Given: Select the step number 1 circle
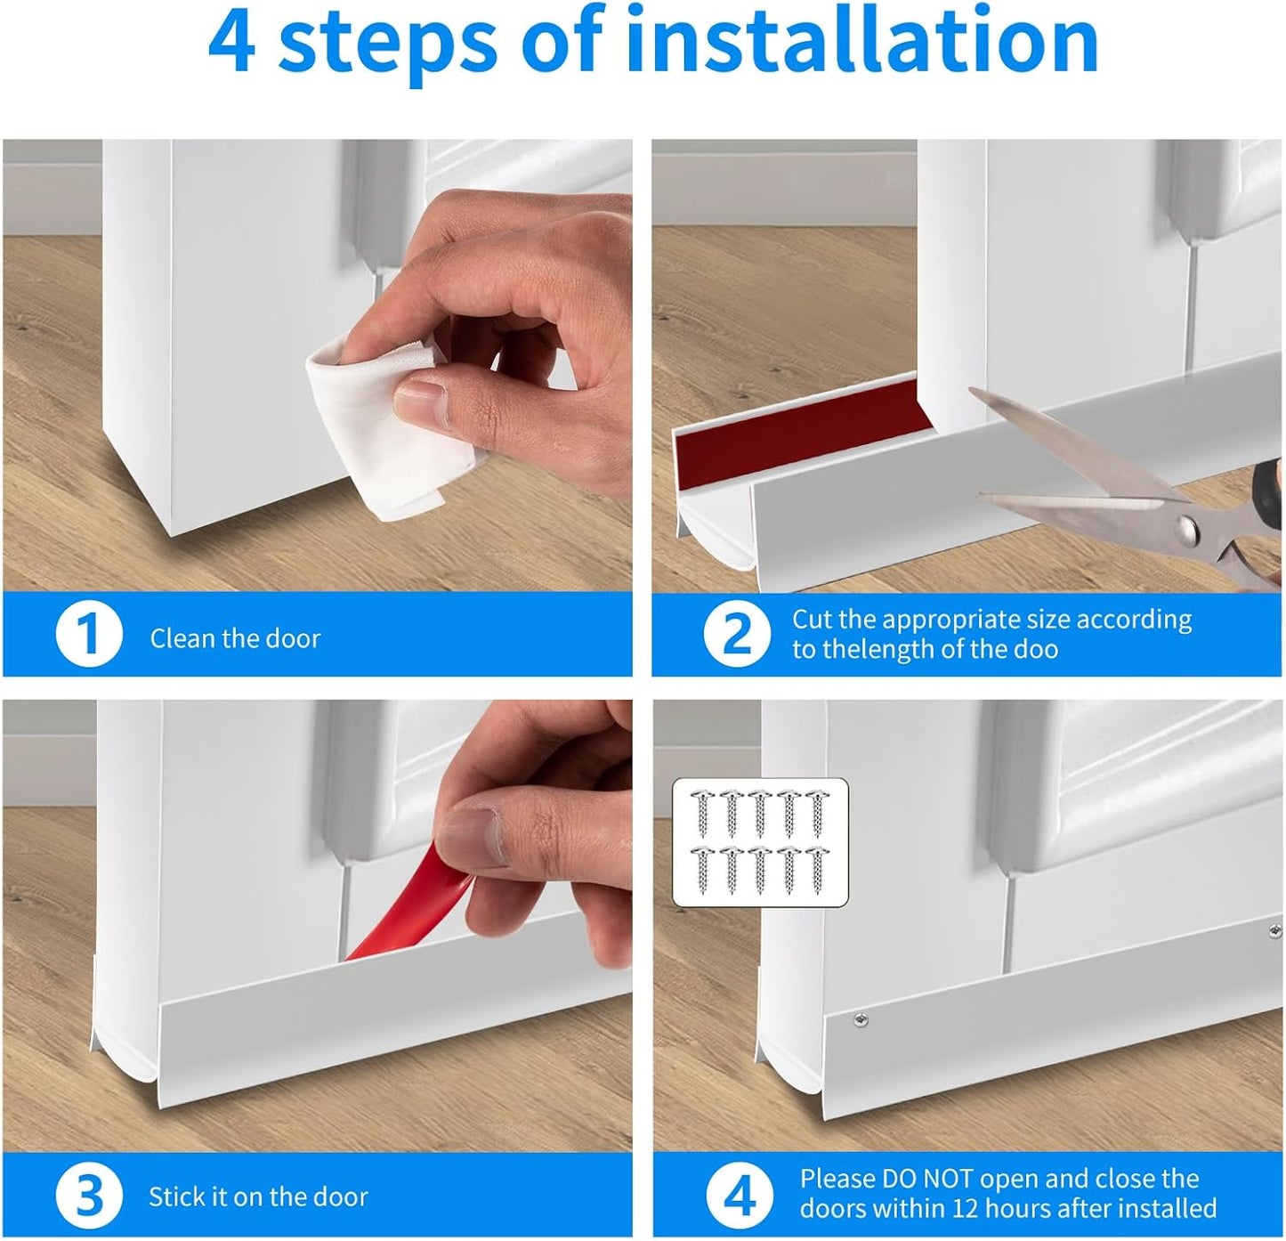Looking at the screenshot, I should (89, 635).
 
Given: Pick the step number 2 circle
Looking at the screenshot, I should (737, 634).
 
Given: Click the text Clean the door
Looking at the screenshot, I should (235, 638).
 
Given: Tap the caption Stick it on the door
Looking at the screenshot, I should (258, 1196).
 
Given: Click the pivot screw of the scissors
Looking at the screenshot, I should (1188, 532).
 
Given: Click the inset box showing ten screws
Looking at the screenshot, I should (760, 842).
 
